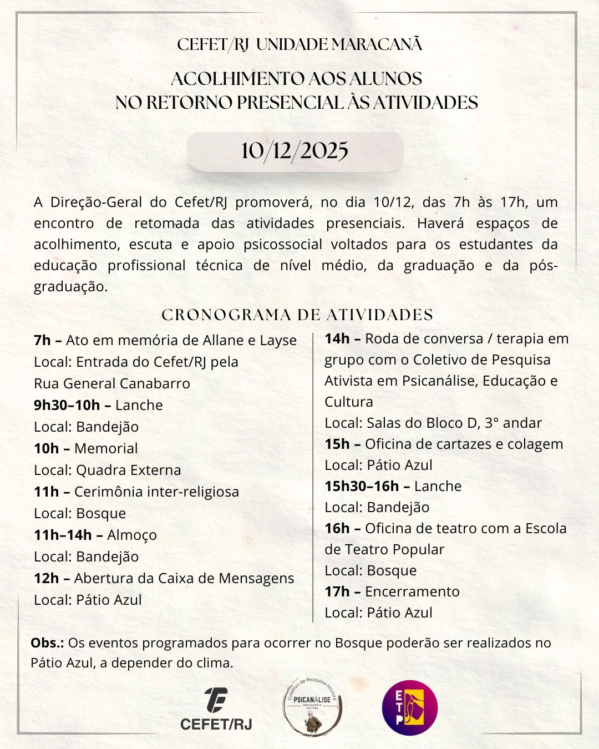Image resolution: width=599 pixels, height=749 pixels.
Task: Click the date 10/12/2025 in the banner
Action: (295, 151)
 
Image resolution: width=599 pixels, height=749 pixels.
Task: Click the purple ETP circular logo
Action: (410, 708)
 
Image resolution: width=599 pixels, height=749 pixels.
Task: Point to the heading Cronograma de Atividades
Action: (297, 315)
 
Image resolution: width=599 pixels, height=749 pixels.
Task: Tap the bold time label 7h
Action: (42, 340)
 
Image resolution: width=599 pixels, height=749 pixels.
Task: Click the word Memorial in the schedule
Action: (106, 448)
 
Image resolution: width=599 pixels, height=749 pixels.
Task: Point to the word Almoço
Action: (132, 535)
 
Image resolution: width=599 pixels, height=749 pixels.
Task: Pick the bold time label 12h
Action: (46, 578)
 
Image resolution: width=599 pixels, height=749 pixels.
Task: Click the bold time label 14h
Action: (337, 338)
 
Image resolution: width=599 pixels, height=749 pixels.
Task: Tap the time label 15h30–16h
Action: (362, 486)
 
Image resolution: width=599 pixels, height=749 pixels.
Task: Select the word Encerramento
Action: (412, 591)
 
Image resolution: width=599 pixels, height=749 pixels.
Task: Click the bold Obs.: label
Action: (47, 642)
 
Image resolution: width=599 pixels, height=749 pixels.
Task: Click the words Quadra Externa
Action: (128, 470)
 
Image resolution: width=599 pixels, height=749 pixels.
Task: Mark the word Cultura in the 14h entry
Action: (349, 402)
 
